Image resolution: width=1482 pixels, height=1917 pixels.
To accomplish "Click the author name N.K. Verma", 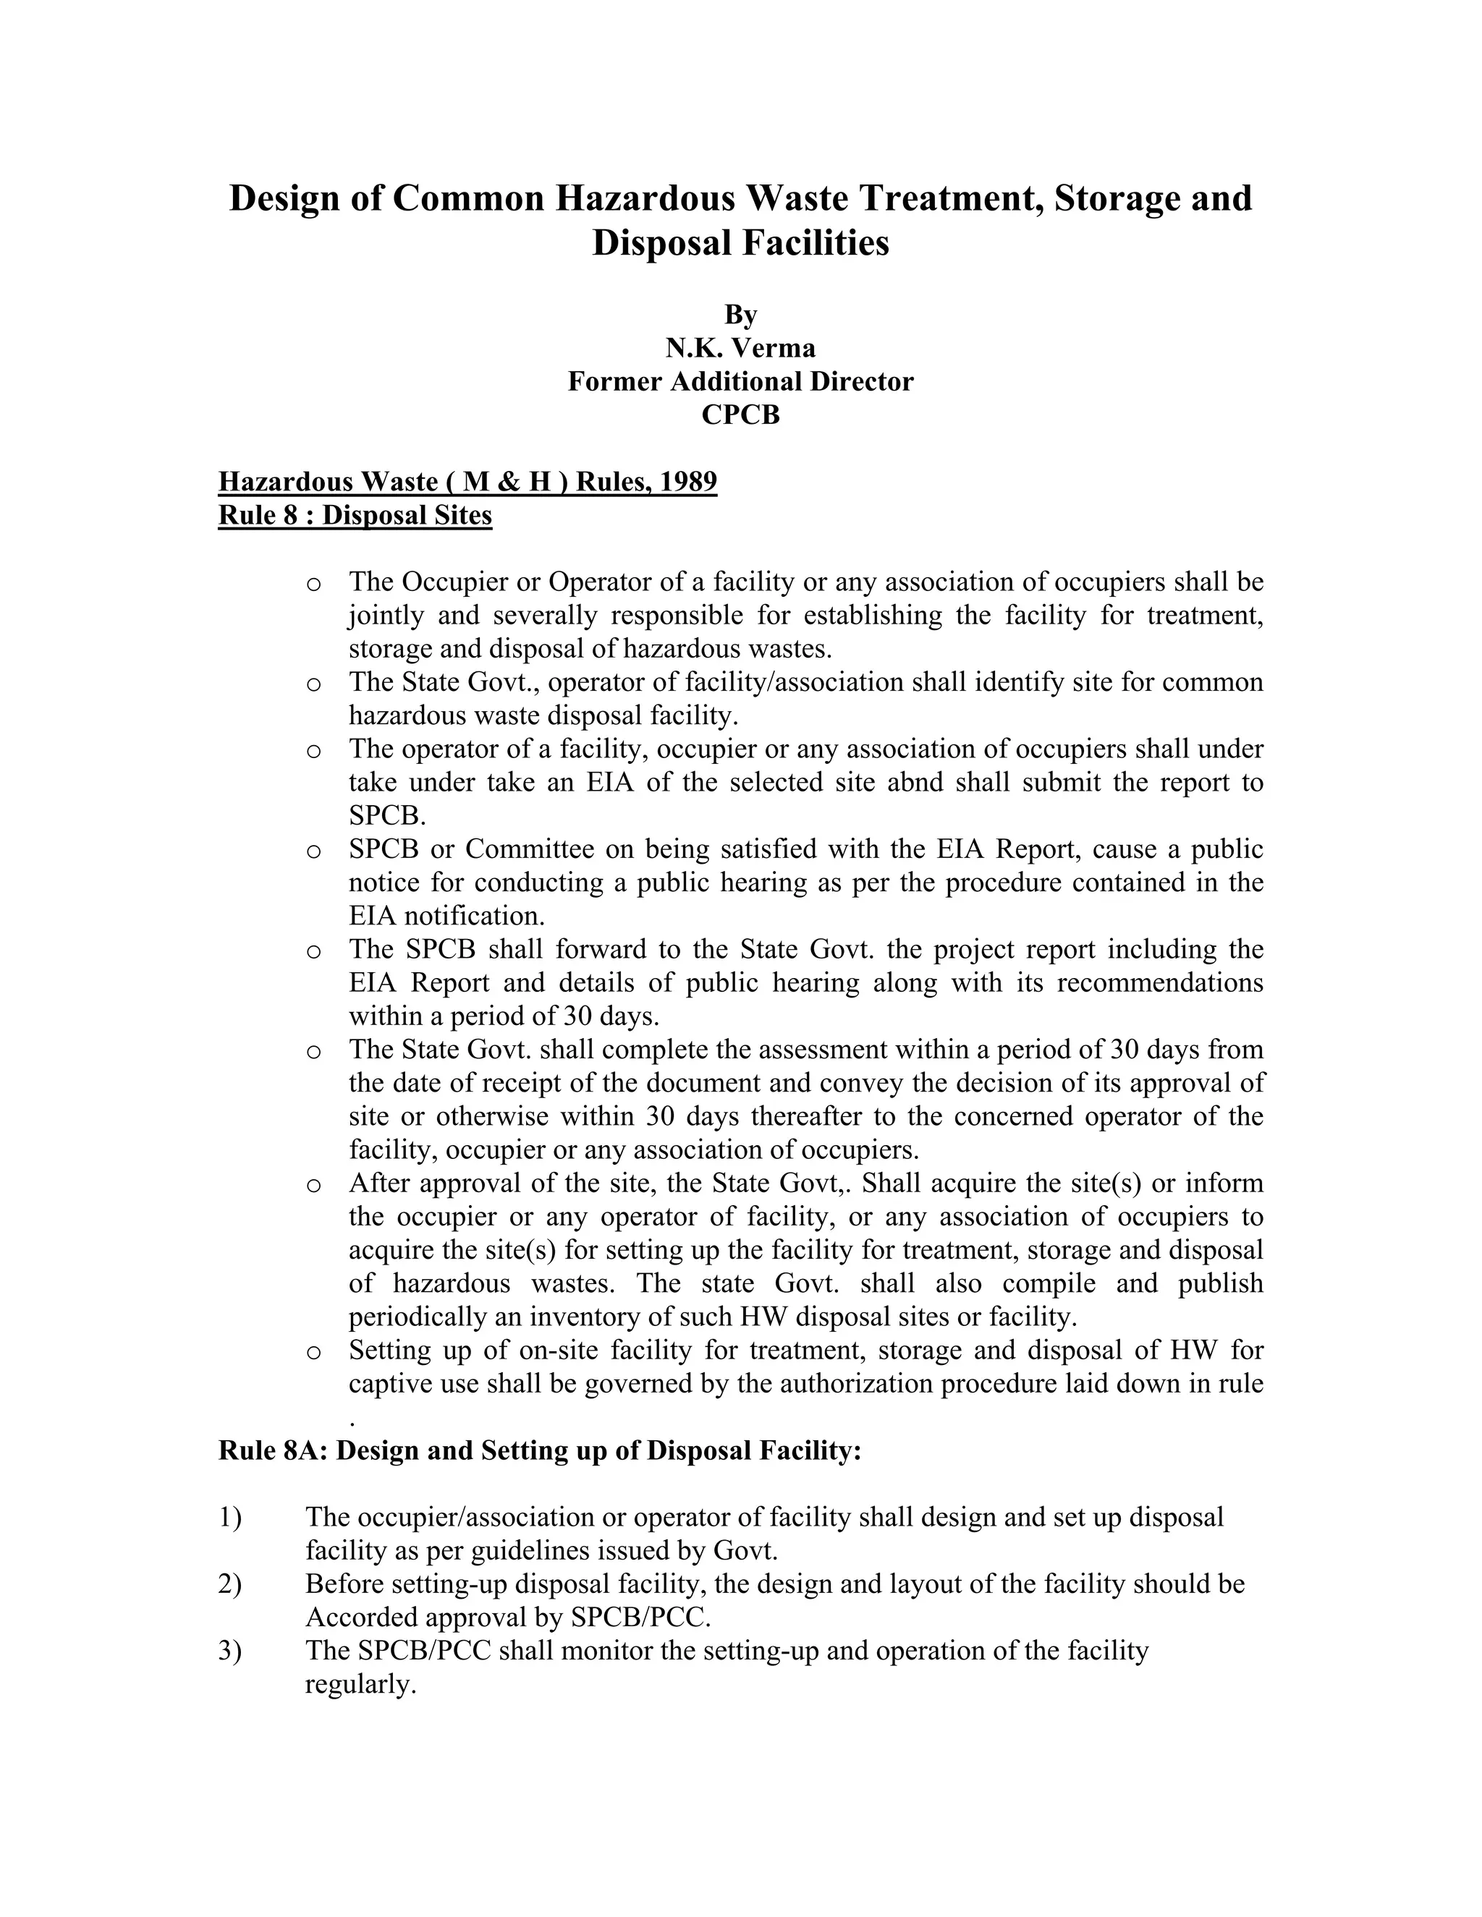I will click(x=740, y=349).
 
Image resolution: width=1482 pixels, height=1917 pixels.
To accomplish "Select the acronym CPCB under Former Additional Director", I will click(x=740, y=415).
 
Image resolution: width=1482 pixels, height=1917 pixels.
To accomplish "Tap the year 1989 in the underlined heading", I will click(x=688, y=482).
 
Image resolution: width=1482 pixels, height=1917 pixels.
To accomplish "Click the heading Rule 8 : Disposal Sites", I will click(x=355, y=515).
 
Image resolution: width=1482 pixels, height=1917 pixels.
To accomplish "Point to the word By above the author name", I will click(x=740, y=314).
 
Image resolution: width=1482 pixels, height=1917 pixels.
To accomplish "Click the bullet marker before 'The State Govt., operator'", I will click(x=313, y=684).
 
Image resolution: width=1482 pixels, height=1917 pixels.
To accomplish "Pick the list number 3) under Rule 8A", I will click(x=230, y=1651).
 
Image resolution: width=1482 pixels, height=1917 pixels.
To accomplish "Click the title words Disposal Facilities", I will click(x=740, y=243).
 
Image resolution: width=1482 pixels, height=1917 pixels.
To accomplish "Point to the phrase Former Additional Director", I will click(x=740, y=382).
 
